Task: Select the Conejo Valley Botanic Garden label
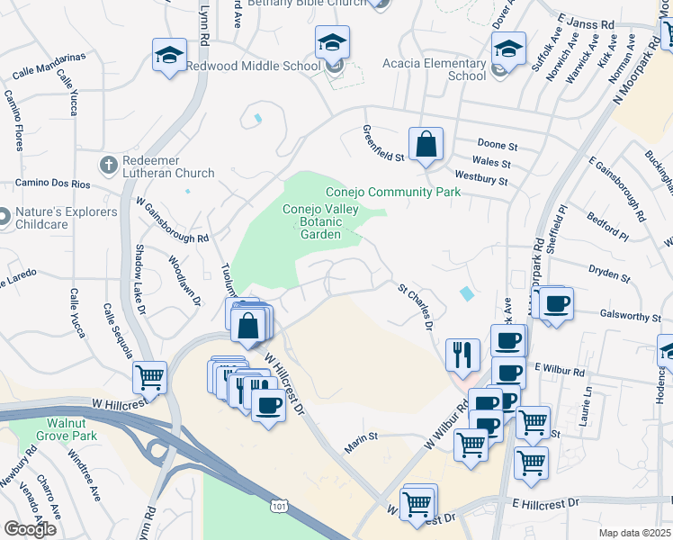(320, 221)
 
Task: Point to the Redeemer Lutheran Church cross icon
(108, 165)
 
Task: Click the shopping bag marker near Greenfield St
(426, 144)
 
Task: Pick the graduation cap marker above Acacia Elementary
(508, 49)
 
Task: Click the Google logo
(30, 529)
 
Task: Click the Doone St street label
(498, 144)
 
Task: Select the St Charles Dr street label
(417, 304)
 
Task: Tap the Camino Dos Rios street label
(53, 184)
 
